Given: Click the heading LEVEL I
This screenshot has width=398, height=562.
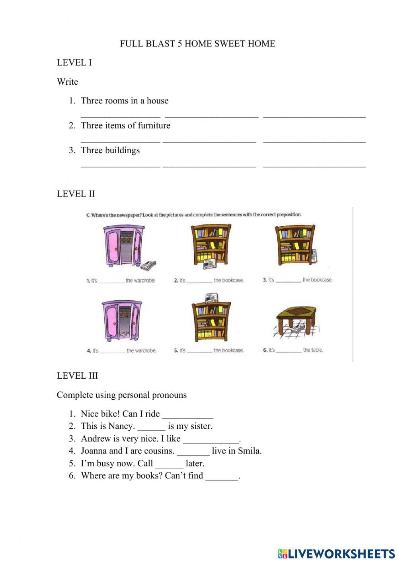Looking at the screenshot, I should tap(74, 62).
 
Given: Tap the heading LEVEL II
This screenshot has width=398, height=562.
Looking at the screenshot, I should tap(76, 194).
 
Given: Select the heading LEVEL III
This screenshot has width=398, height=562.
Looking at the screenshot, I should tap(77, 375).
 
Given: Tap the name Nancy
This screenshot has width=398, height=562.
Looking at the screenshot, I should tap(121, 426).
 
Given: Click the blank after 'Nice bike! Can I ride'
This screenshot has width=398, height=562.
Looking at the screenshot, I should tap(187, 415).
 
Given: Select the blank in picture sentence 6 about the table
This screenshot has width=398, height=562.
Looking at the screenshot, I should tap(289, 351).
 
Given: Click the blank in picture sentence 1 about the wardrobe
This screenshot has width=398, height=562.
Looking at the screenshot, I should tap(111, 281).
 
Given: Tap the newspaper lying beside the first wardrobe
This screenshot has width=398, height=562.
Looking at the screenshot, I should tap(148, 265).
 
